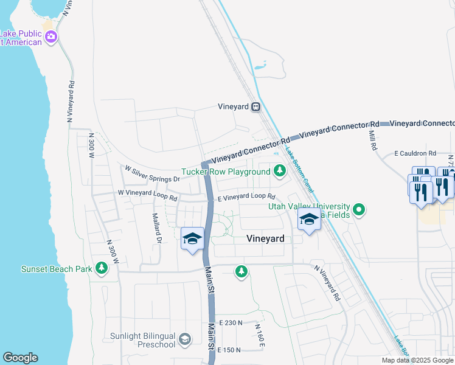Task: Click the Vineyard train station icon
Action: [x=256, y=106]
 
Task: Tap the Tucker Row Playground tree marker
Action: [x=280, y=172]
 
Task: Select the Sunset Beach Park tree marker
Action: [x=101, y=268]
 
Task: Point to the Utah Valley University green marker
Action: [x=359, y=210]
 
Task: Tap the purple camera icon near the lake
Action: [x=51, y=37]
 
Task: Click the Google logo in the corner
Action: [x=20, y=358]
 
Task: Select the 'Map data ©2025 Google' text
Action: [x=418, y=360]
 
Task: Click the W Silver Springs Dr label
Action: [x=152, y=175]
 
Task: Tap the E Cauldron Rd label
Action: [x=415, y=153]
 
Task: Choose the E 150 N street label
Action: [x=230, y=350]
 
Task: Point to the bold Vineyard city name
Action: [x=265, y=239]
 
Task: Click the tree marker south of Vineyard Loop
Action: [x=241, y=271]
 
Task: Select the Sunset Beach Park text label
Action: [x=56, y=269]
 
